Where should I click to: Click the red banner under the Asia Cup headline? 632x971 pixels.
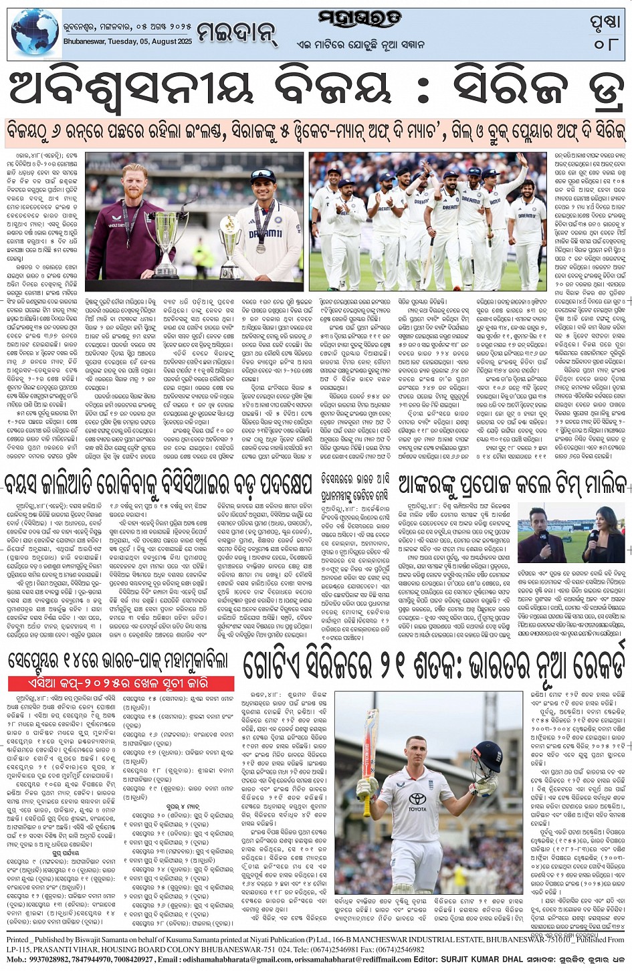click(x=121, y=683)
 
